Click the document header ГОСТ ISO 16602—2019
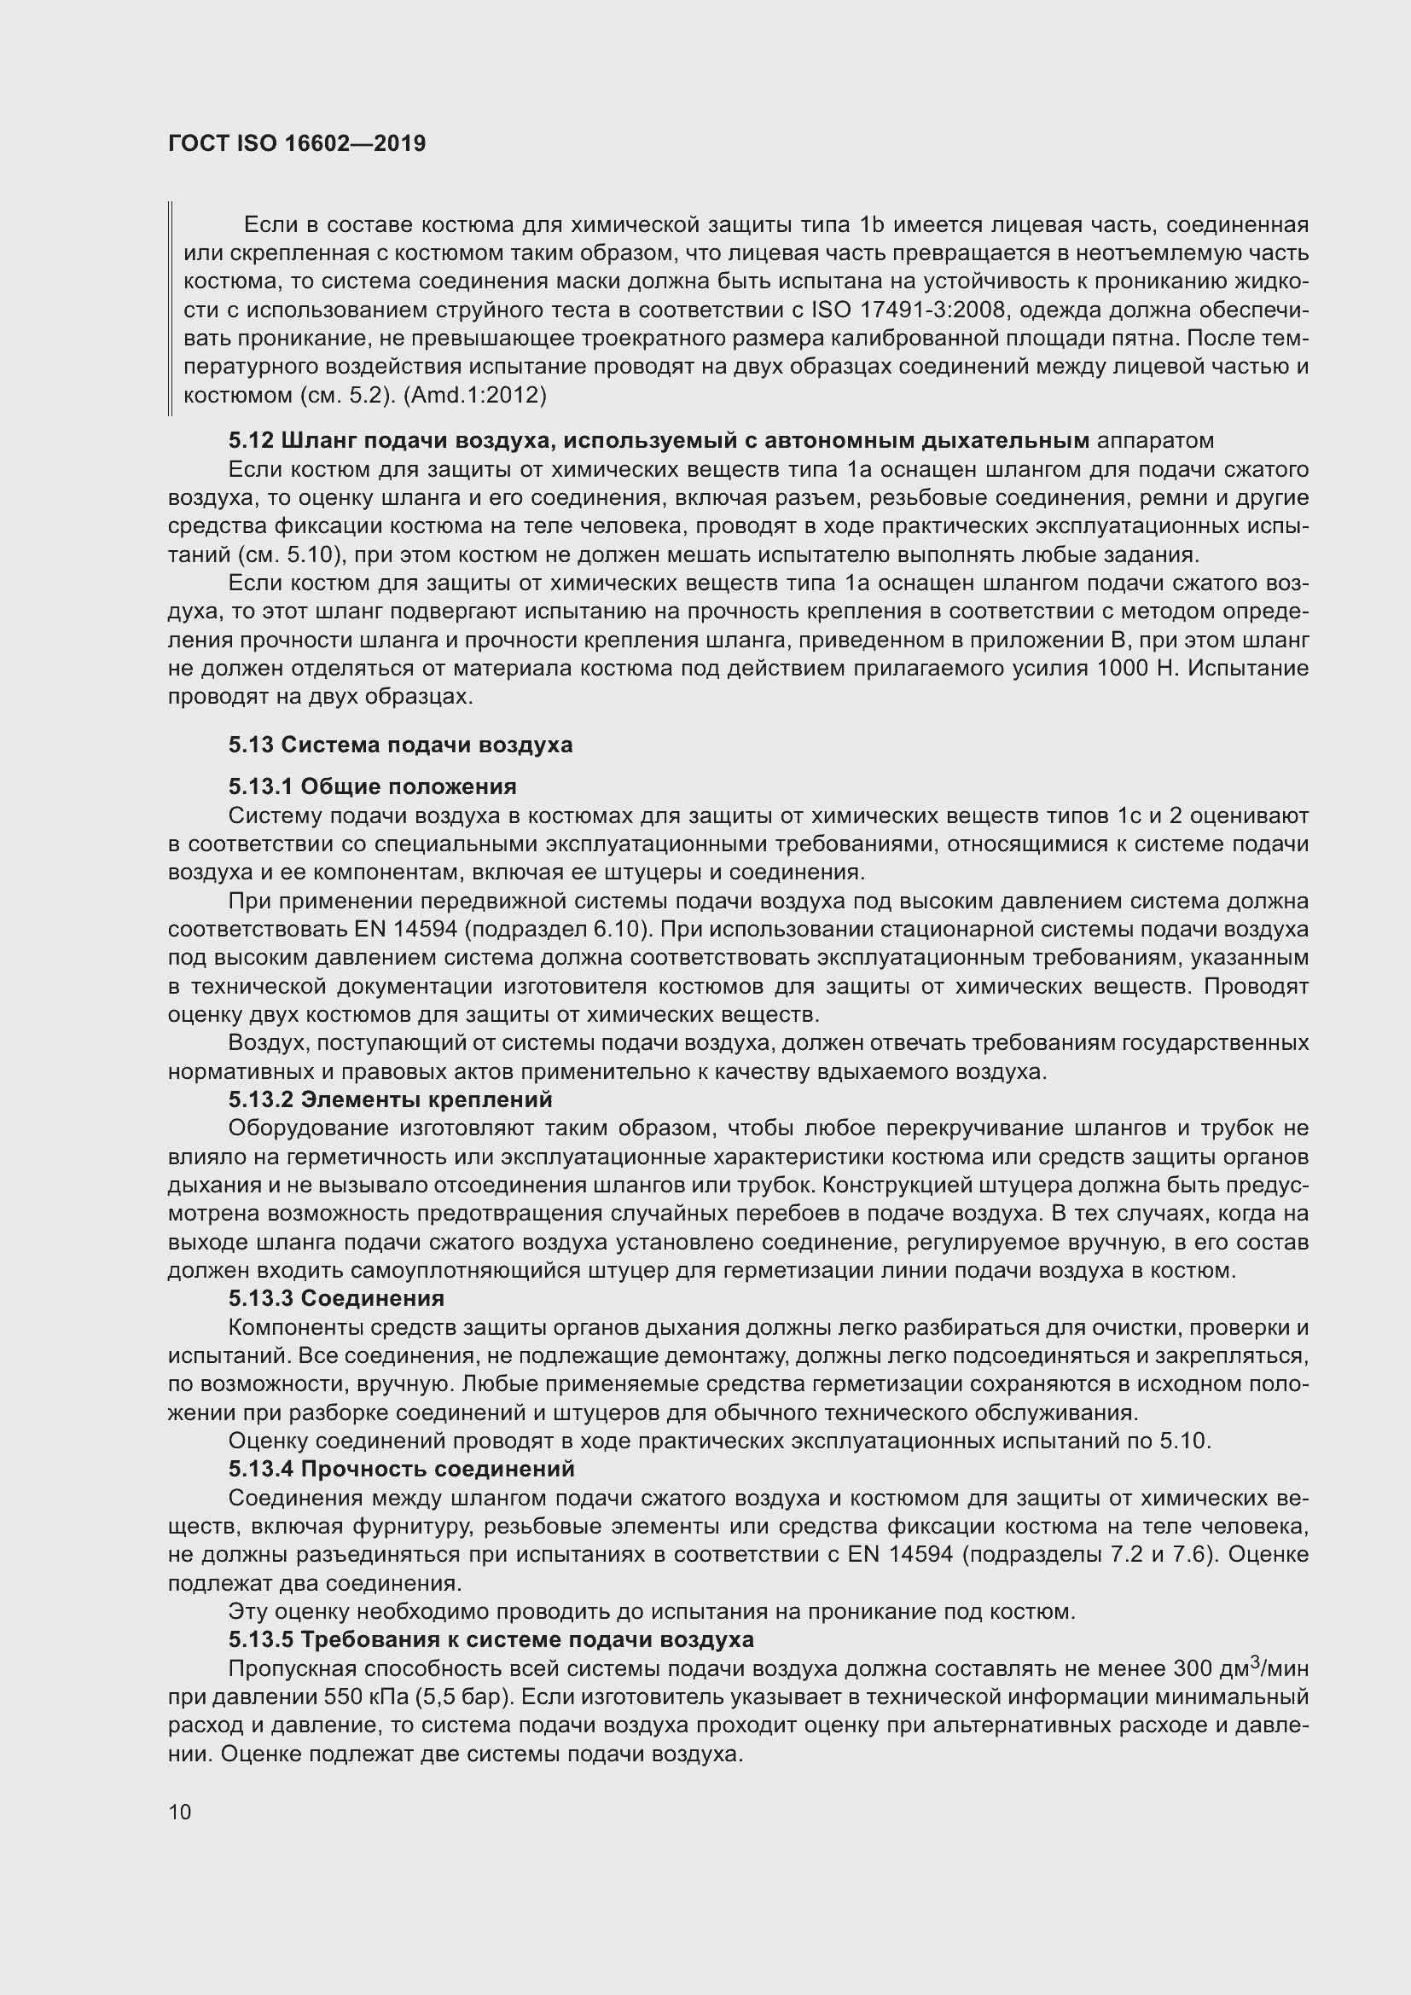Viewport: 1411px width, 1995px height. click(297, 143)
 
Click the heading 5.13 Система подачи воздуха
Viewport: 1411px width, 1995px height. click(401, 745)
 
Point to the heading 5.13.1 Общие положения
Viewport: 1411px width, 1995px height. click(373, 786)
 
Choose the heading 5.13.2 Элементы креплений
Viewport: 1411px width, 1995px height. click(390, 1099)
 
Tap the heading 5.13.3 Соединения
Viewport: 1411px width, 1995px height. click(336, 1298)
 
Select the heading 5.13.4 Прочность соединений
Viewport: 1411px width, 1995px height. click(402, 1469)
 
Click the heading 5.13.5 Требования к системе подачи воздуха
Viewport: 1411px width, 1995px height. click(491, 1639)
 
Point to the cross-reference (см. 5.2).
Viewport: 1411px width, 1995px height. click(342, 397)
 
